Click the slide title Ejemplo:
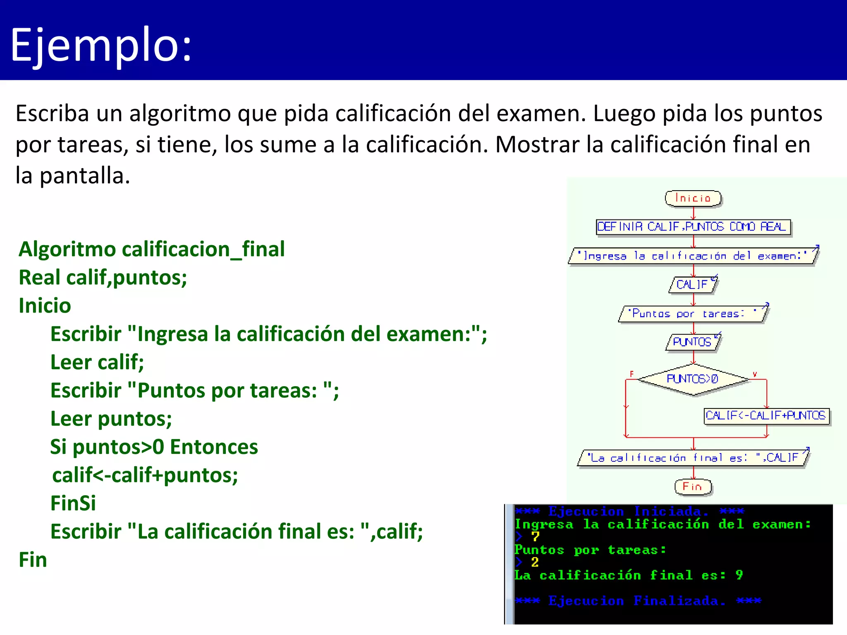[x=101, y=45]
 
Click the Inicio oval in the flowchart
[x=693, y=198]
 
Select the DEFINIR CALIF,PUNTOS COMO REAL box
[x=693, y=227]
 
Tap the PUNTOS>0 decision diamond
[x=693, y=379]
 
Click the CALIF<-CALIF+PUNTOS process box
[x=766, y=415]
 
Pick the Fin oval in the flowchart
[x=693, y=487]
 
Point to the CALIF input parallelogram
[x=693, y=284]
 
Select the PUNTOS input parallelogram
[x=693, y=342]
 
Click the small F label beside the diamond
[x=632, y=374]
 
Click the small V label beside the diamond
[x=755, y=374]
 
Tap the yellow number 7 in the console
[x=536, y=537]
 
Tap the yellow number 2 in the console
[x=535, y=562]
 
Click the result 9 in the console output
[x=739, y=575]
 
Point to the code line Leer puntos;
[x=111, y=419]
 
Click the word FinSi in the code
[x=73, y=504]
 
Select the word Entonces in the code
[x=214, y=447]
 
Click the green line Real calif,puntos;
[x=103, y=277]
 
